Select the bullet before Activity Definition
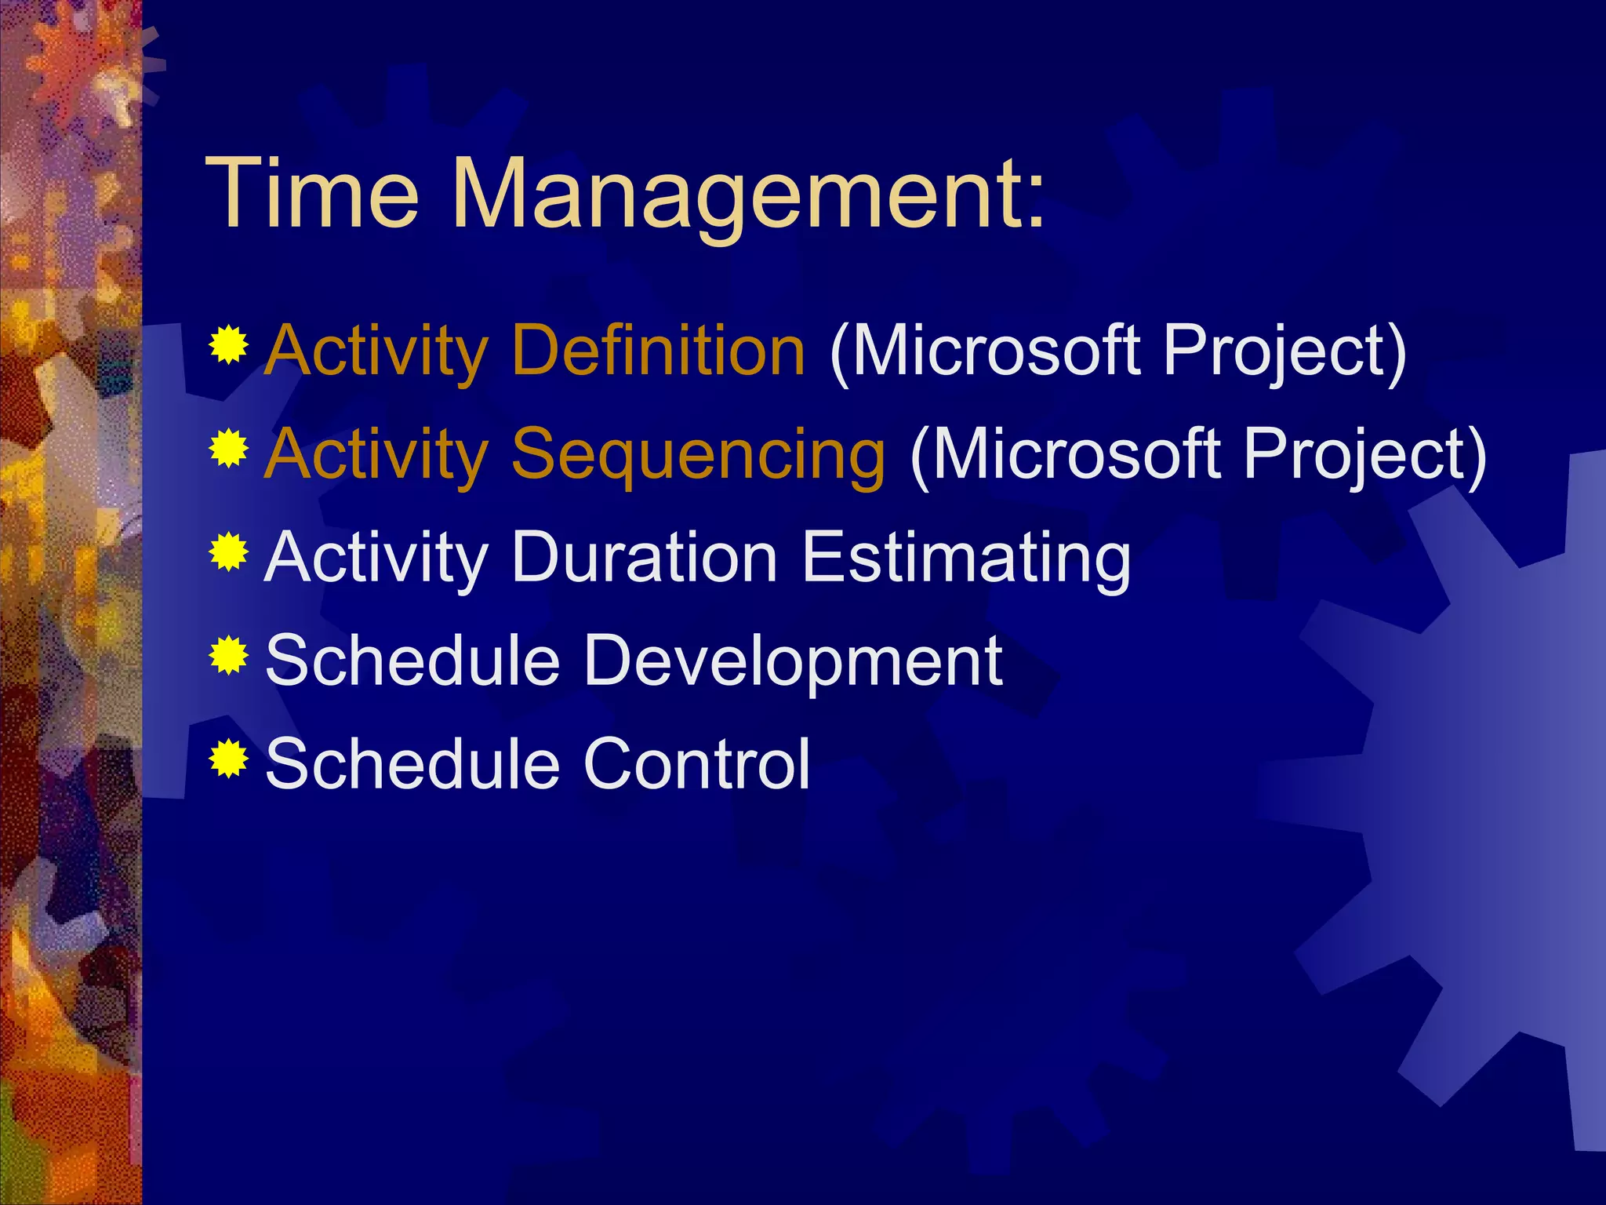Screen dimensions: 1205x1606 tap(229, 345)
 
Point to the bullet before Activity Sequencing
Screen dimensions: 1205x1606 tap(229, 449)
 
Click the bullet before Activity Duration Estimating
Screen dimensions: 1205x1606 tap(229, 552)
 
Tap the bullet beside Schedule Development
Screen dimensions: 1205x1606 tap(229, 656)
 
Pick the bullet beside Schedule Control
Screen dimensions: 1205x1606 tap(229, 759)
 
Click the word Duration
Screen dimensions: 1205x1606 tap(643, 557)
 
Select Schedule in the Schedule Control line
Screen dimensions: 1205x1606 tap(412, 764)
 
